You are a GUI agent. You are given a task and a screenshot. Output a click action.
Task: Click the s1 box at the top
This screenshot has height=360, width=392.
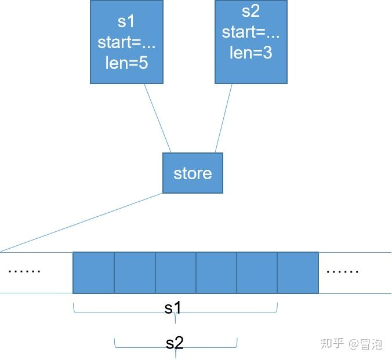click(x=126, y=42)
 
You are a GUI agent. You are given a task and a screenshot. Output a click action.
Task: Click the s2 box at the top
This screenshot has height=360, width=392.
click(x=251, y=42)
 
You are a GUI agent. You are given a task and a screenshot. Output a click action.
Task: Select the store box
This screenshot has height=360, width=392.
click(x=193, y=173)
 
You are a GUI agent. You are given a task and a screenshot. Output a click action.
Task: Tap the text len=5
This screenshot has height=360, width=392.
click(x=126, y=63)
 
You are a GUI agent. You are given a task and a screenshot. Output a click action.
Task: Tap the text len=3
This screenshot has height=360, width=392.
click(x=251, y=53)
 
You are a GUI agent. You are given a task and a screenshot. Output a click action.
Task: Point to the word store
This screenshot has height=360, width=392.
click(x=193, y=173)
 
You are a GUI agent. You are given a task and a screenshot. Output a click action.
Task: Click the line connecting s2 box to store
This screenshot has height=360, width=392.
click(x=223, y=118)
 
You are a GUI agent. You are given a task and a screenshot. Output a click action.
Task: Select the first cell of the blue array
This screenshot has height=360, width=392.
click(x=93, y=272)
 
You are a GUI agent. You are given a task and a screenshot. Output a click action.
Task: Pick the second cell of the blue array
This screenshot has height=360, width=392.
click(x=135, y=272)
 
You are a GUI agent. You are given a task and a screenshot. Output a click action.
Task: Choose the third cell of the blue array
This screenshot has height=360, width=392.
click(x=175, y=272)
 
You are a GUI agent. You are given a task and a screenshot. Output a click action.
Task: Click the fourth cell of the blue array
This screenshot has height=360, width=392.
click(x=216, y=272)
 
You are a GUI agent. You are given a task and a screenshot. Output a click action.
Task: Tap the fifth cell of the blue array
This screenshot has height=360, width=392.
click(x=257, y=272)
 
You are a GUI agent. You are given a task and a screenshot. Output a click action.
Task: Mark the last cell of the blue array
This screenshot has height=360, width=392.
click(x=298, y=272)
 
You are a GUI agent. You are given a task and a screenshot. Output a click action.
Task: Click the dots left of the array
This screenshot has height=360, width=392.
click(x=25, y=271)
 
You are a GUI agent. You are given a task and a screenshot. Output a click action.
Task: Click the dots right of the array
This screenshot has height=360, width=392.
click(x=343, y=271)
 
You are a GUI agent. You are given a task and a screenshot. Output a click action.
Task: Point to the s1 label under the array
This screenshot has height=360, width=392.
click(x=173, y=308)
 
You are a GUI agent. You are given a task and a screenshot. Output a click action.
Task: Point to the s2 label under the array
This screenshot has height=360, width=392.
click(x=175, y=343)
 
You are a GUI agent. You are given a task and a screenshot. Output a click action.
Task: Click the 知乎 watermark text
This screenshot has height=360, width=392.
click(x=332, y=344)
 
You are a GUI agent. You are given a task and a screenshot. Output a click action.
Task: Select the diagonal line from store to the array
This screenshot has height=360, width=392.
click(x=81, y=223)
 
